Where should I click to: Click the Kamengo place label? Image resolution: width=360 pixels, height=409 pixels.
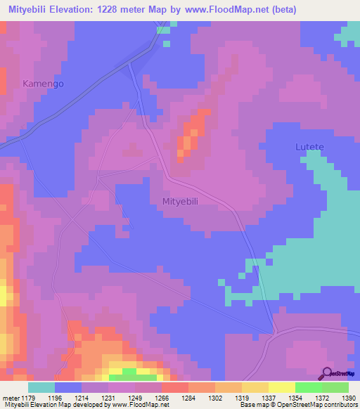point(43,84)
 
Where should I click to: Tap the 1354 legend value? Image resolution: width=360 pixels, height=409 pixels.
point(276,397)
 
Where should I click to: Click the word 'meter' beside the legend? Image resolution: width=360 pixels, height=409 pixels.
point(12,397)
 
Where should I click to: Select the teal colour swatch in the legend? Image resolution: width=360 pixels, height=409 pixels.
point(41,387)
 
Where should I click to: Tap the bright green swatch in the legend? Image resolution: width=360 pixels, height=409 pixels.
point(309,387)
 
